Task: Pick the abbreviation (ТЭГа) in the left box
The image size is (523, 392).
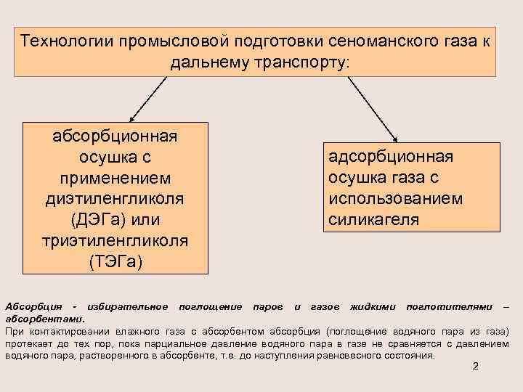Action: pos(116,260)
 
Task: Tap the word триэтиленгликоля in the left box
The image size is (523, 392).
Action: pos(116,240)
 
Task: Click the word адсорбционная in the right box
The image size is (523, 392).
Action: pos(391,158)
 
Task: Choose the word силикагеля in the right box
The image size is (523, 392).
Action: pos(373,219)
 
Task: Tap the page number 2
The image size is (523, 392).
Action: pos(475,366)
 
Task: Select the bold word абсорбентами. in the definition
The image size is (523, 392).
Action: pos(44,317)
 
